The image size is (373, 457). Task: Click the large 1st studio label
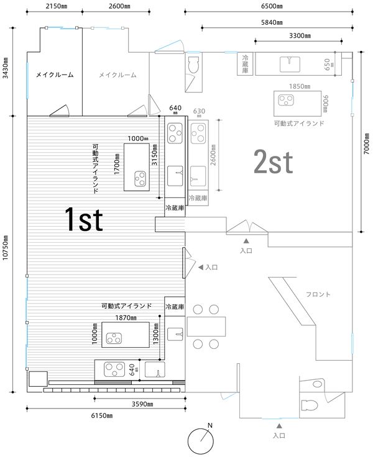click(x=84, y=219)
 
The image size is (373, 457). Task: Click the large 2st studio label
click(x=273, y=162)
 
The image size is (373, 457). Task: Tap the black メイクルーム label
click(x=55, y=75)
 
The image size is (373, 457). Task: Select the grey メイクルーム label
click(x=117, y=75)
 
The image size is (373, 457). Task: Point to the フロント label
click(x=318, y=294)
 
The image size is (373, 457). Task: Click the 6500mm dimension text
click(x=272, y=6)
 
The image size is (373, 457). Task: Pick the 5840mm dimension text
click(x=272, y=22)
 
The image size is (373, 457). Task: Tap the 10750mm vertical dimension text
click(x=6, y=248)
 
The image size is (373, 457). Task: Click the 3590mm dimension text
click(x=142, y=404)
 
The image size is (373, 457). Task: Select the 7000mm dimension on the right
click(x=367, y=143)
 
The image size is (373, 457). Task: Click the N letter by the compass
click(x=210, y=425)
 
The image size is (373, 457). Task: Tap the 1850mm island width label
click(x=300, y=86)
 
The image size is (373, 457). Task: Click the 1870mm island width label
click(x=126, y=318)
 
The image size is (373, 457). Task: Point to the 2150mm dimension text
click(x=57, y=6)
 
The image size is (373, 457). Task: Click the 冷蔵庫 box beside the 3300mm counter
click(x=245, y=63)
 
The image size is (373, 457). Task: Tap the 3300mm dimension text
click(x=300, y=35)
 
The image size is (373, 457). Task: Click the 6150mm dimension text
click(x=102, y=415)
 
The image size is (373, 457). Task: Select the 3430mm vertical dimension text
click(x=6, y=68)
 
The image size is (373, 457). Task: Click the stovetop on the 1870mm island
click(x=114, y=338)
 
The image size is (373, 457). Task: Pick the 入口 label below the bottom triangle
click(x=279, y=435)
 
